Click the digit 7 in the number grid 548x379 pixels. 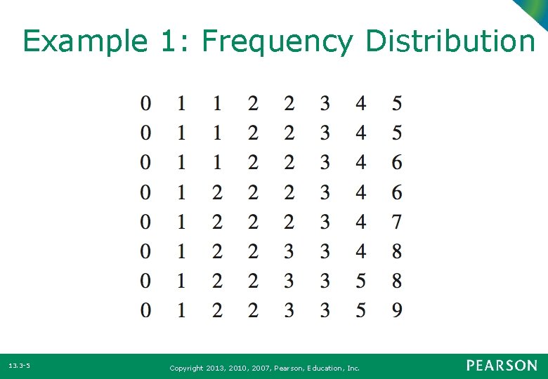point(397,222)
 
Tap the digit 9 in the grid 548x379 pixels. point(397,310)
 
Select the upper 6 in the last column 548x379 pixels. point(397,163)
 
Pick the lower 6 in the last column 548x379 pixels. point(397,192)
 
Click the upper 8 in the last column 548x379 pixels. point(397,251)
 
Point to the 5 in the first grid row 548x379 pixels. point(397,104)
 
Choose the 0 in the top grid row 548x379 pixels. point(145,104)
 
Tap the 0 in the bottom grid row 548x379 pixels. point(145,310)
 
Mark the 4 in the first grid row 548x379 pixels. point(360,104)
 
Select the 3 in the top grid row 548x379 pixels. point(325,104)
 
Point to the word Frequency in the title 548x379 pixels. point(277,42)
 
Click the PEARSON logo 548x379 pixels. point(502,366)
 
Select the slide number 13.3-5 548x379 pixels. point(19,366)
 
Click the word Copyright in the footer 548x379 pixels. point(187,368)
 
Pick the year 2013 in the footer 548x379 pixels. point(216,368)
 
